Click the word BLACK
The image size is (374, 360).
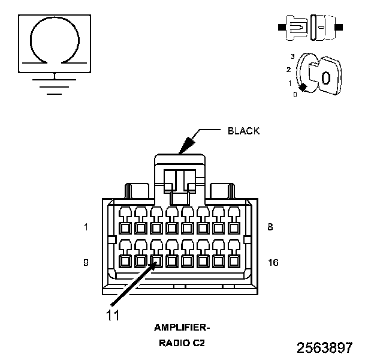click(243, 131)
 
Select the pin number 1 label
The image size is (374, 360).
click(86, 227)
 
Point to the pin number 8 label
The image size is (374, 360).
click(270, 227)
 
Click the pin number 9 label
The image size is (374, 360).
click(86, 263)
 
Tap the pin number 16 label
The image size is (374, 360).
click(273, 263)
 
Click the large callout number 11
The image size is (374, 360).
click(113, 316)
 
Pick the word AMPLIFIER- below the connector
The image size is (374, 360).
click(182, 328)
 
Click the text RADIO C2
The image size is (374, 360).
click(182, 343)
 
